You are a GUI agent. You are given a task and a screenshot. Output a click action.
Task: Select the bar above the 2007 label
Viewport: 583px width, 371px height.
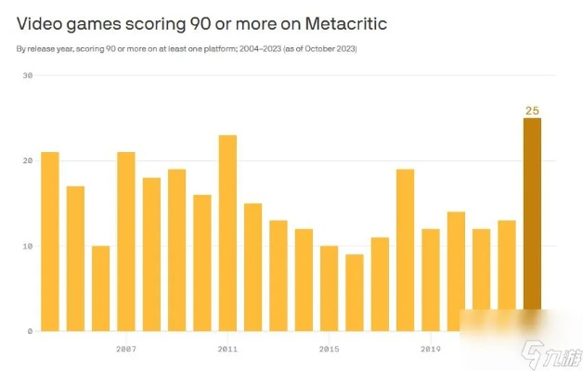(x=126, y=241)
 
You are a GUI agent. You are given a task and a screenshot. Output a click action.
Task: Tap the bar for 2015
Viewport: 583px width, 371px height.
(x=329, y=288)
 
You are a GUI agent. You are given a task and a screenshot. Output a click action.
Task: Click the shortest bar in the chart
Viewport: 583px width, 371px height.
(x=355, y=292)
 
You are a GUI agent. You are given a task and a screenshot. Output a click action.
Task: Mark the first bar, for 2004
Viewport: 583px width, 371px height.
(x=50, y=241)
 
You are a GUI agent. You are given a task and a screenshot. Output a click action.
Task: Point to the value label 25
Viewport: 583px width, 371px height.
(x=532, y=111)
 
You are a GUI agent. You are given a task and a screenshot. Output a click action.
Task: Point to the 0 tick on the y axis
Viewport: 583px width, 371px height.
(x=29, y=331)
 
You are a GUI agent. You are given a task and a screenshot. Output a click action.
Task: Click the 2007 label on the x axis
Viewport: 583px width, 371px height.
(x=126, y=349)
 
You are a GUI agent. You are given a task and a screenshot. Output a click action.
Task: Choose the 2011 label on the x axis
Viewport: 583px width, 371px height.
(x=227, y=349)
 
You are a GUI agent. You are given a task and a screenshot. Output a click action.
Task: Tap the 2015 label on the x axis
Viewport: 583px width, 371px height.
(x=329, y=349)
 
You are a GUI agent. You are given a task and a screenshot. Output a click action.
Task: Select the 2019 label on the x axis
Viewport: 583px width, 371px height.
(x=430, y=349)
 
